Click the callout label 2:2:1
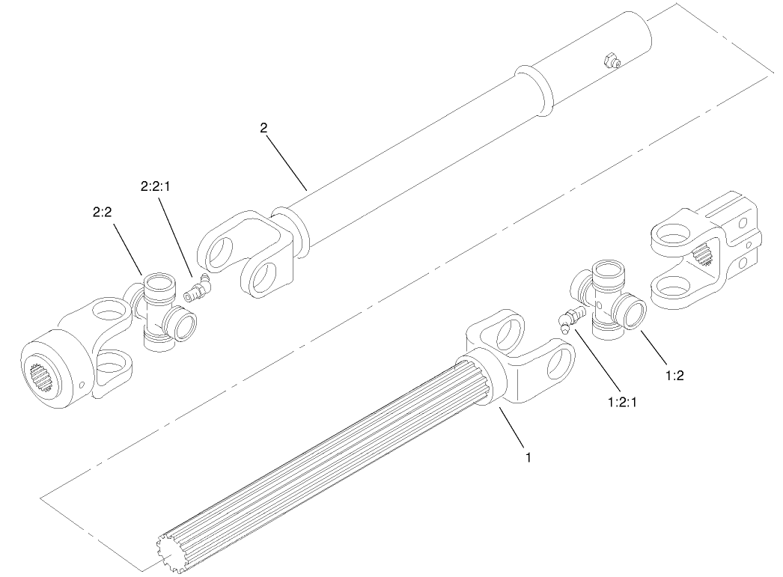click(x=156, y=186)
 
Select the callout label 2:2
click(x=103, y=213)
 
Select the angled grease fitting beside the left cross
click(x=198, y=289)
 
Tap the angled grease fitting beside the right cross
click(x=570, y=318)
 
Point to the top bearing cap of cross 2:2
click(x=159, y=284)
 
